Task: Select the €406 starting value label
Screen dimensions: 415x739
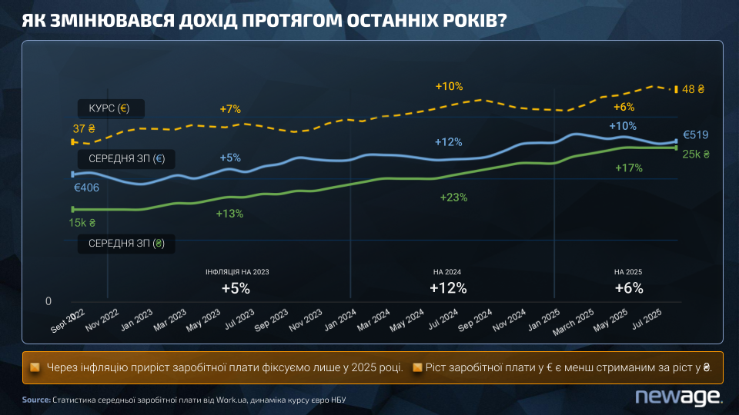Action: pos(87,187)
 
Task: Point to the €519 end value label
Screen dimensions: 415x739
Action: pos(695,135)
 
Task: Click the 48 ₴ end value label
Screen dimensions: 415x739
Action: pos(694,89)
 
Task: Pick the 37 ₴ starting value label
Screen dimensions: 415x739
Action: pos(84,129)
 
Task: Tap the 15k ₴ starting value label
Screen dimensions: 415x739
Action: pos(82,223)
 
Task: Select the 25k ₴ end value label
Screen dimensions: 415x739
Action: pos(697,154)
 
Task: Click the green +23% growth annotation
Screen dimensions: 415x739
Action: pos(453,198)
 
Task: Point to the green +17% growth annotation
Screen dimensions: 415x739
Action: pos(629,168)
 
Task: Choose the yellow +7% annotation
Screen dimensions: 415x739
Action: pos(230,109)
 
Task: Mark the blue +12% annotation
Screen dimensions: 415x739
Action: pos(448,142)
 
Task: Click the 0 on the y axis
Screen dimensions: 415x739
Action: pos(48,300)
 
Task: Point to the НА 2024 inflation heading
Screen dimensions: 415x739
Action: pos(447,272)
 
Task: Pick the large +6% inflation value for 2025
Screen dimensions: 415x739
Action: pos(628,288)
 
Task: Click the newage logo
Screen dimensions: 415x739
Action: pos(677,396)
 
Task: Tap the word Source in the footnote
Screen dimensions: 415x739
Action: pos(35,400)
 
